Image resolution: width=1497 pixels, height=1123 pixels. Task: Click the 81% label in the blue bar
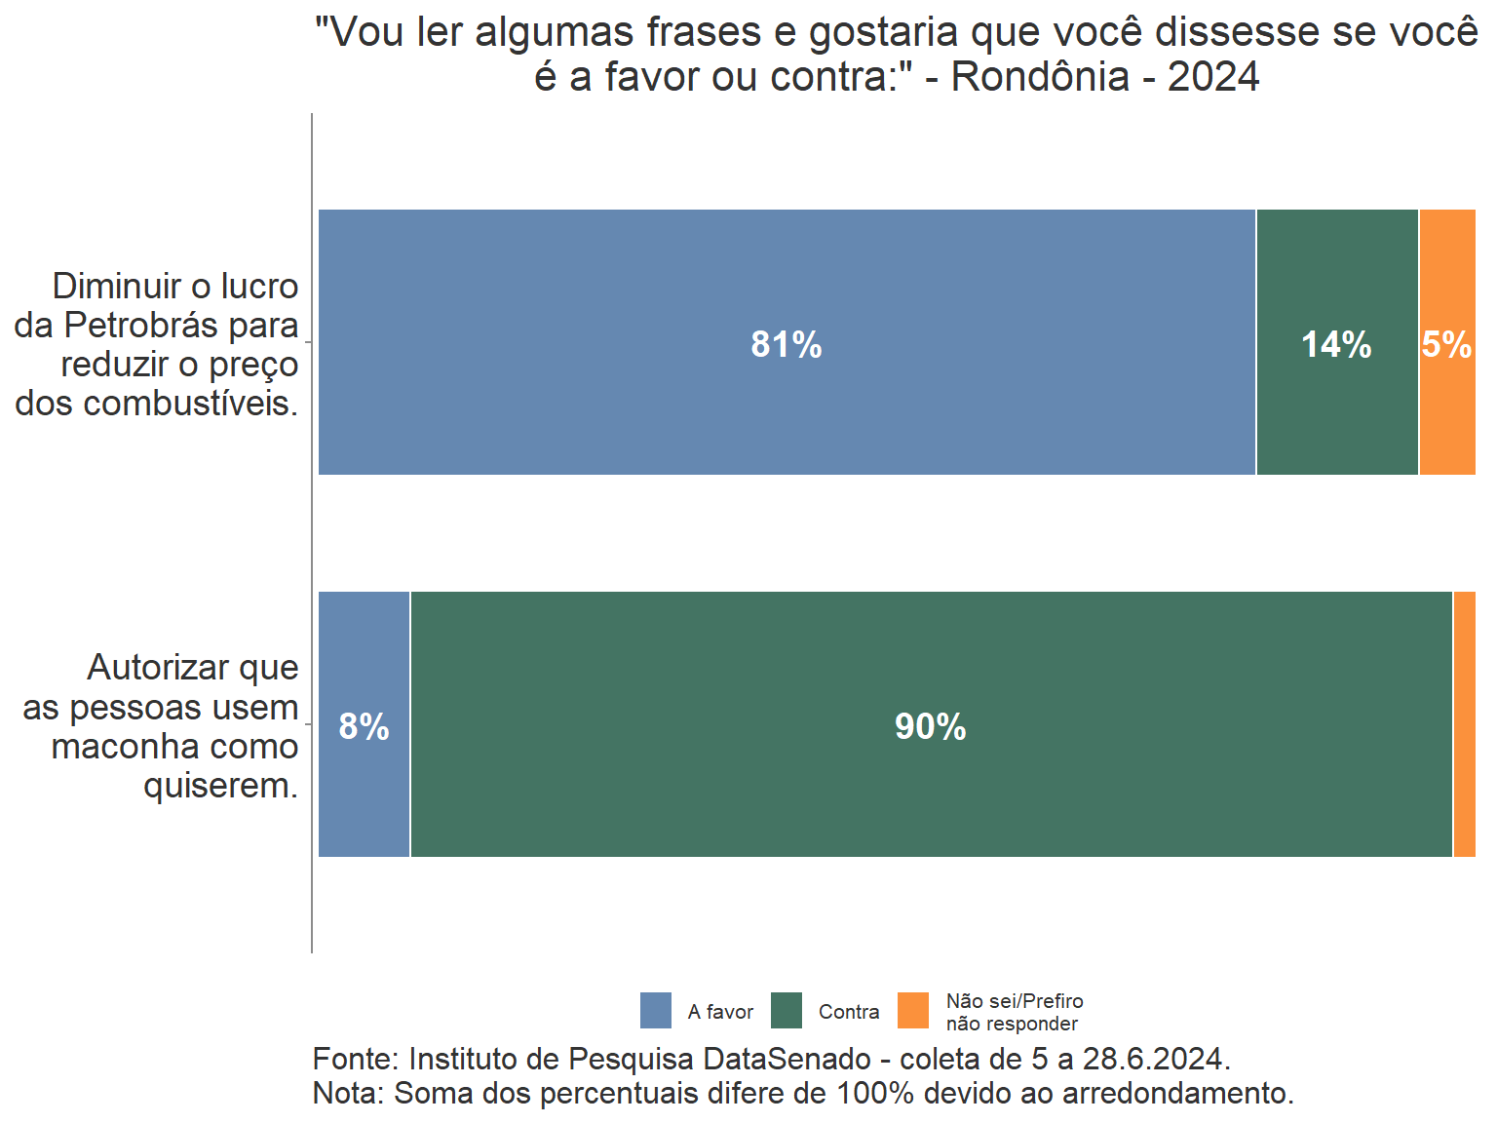(x=786, y=344)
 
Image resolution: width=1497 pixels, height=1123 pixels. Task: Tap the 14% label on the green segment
(x=1336, y=344)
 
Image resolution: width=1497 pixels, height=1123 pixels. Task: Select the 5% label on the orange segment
(x=1446, y=344)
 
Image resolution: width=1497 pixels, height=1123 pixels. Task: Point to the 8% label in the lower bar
(x=364, y=726)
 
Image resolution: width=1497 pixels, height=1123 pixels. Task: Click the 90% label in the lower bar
(x=930, y=726)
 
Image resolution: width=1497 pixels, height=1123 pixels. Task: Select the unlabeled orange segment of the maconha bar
(x=1464, y=724)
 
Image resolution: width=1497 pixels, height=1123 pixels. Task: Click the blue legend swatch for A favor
(x=656, y=1011)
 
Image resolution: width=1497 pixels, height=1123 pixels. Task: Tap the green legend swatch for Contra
(x=787, y=1011)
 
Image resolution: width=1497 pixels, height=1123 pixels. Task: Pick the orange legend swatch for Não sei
(x=913, y=1011)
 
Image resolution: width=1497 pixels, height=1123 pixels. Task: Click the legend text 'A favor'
(x=720, y=1012)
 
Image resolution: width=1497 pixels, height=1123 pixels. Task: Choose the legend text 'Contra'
(x=849, y=1012)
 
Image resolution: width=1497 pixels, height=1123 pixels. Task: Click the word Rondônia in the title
(x=1040, y=77)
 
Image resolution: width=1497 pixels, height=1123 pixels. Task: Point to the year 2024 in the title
(x=1213, y=77)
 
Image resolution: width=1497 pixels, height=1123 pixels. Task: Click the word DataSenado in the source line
(x=787, y=1059)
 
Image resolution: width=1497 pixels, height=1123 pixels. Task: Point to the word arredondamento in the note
(x=1177, y=1093)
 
